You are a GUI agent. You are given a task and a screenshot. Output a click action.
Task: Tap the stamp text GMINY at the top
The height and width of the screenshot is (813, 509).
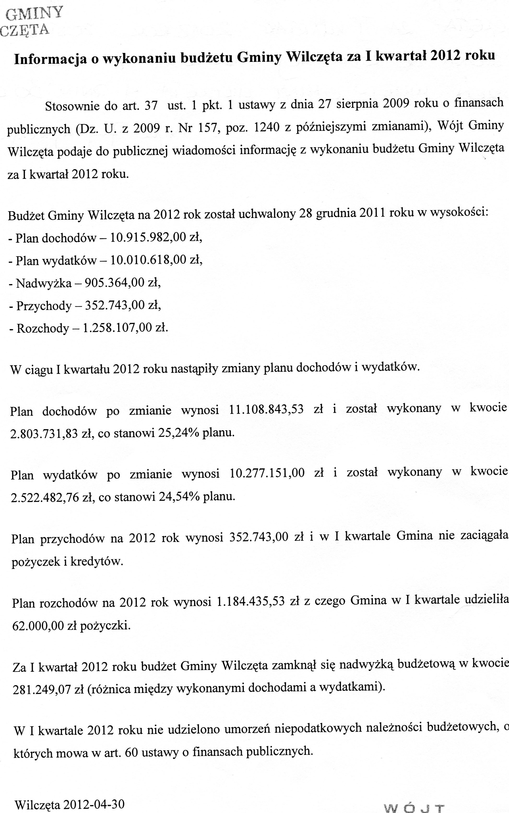35,14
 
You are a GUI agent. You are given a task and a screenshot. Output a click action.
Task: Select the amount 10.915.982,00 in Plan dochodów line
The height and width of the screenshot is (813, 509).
148,237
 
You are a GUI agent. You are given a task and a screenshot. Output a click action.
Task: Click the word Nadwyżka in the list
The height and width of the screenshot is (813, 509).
44,283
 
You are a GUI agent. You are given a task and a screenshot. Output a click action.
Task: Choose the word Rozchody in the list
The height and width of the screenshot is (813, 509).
43,328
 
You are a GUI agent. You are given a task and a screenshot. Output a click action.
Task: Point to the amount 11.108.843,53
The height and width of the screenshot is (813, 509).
266,409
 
